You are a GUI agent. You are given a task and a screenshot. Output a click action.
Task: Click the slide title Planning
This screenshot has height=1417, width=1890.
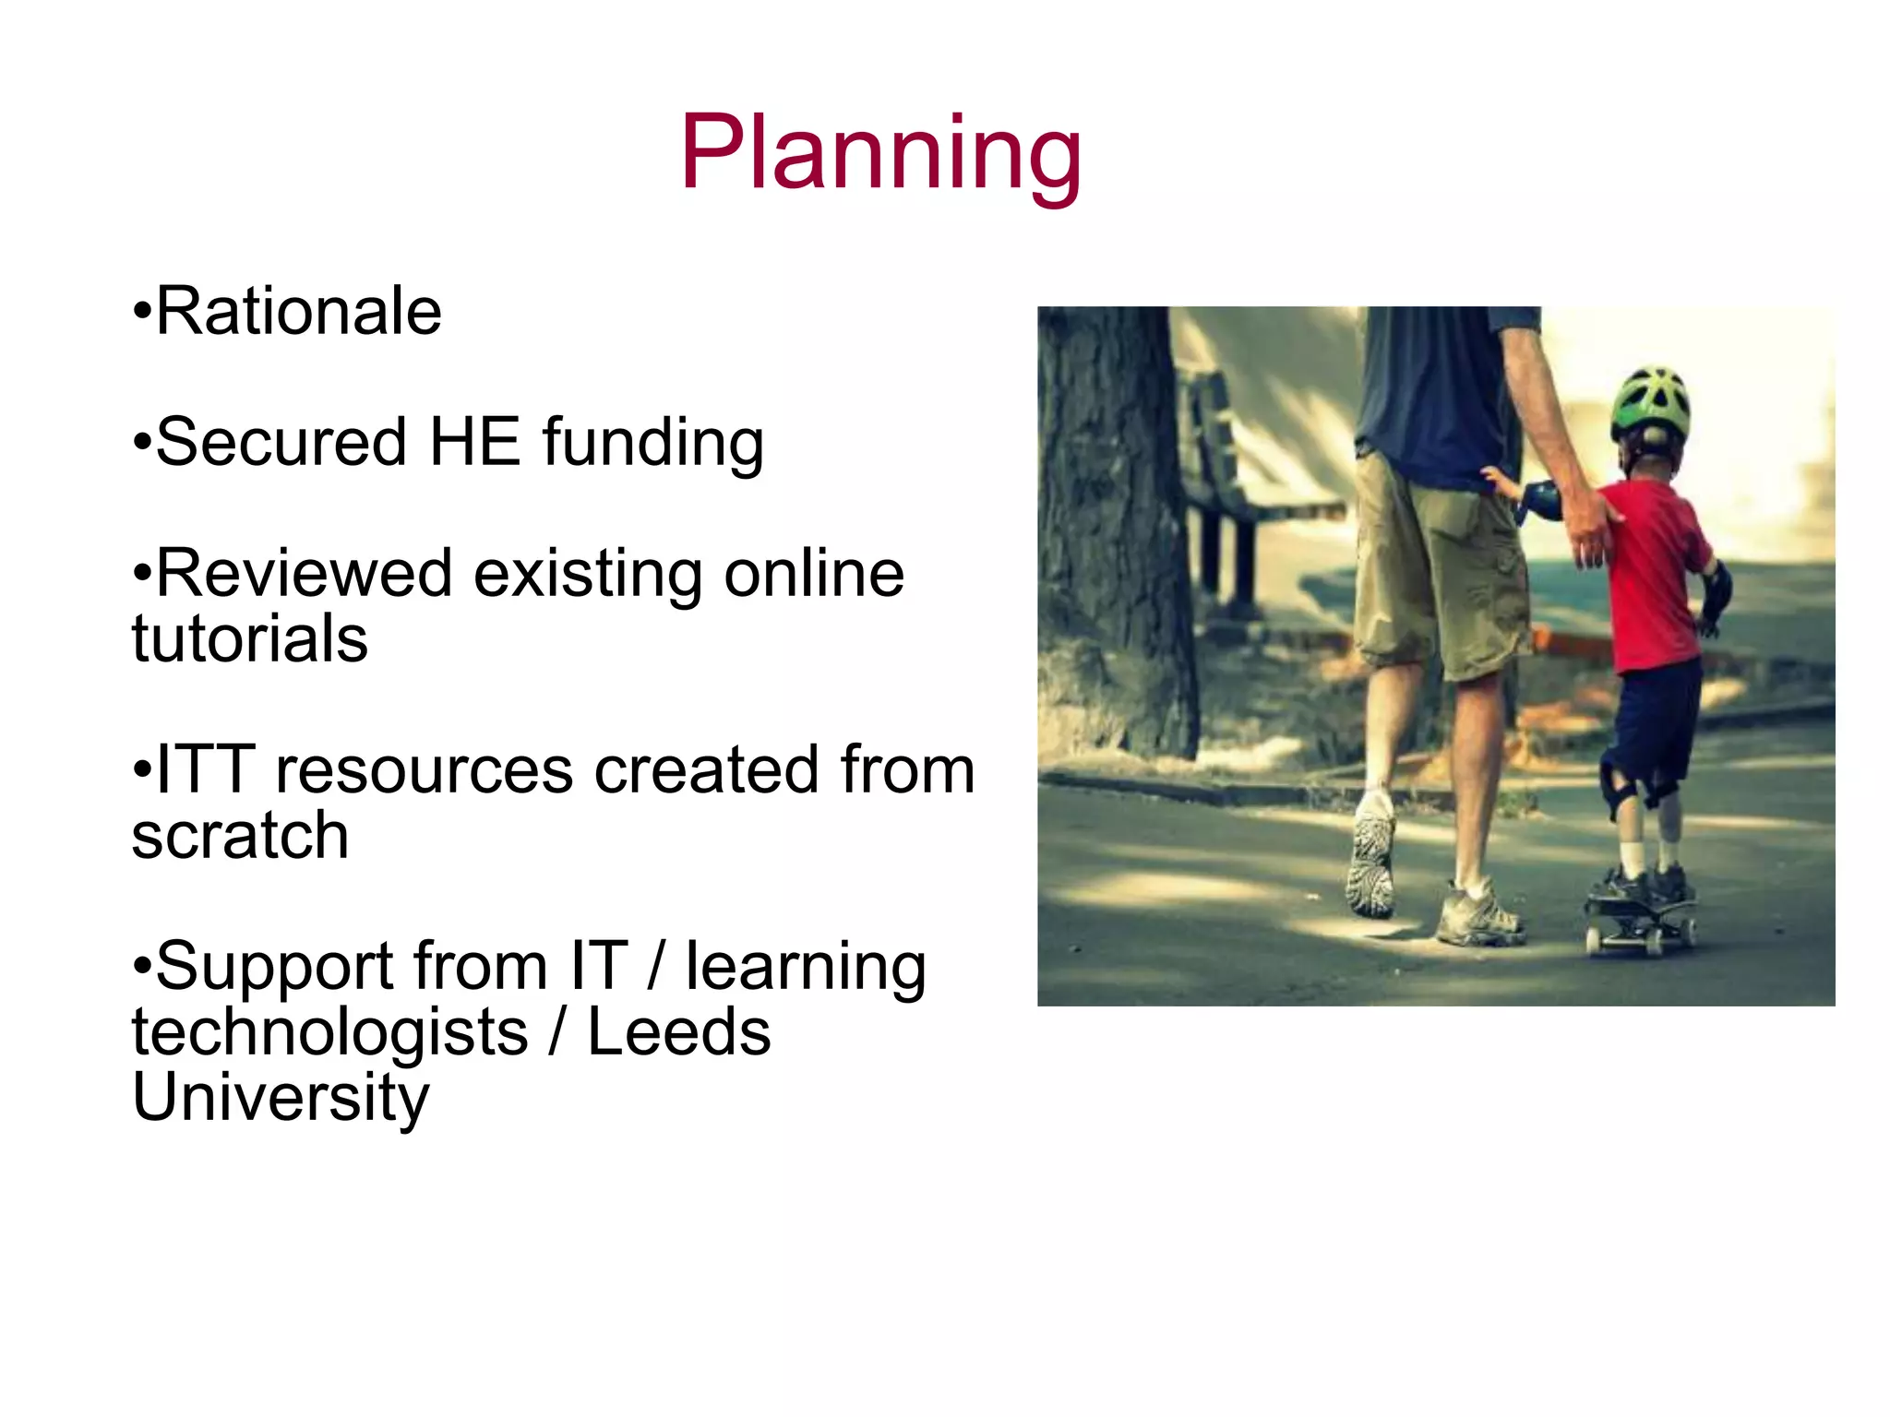(880, 154)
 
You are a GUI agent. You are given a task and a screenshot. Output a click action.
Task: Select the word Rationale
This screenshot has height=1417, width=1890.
(298, 312)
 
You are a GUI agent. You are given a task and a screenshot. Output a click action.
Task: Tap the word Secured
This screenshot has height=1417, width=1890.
(281, 442)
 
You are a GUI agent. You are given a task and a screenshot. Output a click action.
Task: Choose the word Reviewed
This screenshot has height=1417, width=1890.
(304, 574)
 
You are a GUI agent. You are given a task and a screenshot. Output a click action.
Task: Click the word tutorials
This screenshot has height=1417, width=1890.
(249, 639)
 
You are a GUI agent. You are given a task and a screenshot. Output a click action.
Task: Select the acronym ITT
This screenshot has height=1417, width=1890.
(205, 769)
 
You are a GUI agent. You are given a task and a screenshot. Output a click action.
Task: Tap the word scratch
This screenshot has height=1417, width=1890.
(240, 836)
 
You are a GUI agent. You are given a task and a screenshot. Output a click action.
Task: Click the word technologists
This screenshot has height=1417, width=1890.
(329, 1032)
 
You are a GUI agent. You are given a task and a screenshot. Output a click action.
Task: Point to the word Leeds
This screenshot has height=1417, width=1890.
(678, 1032)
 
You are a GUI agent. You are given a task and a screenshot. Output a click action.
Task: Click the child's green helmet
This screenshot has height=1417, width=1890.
(1651, 400)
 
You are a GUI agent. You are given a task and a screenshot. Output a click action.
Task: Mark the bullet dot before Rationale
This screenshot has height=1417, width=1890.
(141, 313)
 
